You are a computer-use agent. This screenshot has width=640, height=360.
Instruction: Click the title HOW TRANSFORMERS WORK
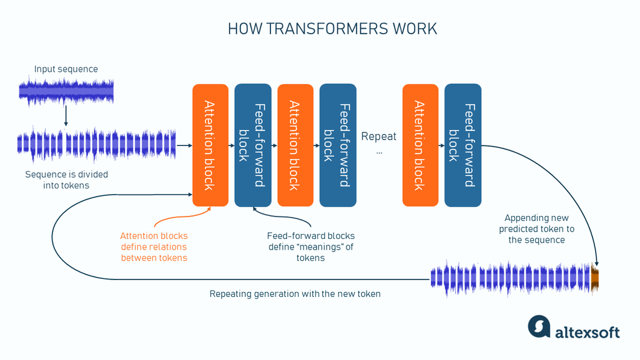click(332, 29)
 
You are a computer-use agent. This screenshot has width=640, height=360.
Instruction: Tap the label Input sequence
click(66, 69)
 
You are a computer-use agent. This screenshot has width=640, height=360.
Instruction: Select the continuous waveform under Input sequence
click(66, 91)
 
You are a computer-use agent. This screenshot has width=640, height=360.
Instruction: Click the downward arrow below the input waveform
click(66, 115)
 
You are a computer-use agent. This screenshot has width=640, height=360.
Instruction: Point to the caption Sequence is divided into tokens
click(66, 180)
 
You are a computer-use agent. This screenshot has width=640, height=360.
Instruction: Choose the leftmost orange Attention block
click(210, 145)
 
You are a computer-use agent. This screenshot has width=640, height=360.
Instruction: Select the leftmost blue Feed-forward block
click(253, 145)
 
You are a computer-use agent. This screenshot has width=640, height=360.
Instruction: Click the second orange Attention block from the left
click(295, 145)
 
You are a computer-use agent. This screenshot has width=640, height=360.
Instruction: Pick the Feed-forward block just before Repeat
click(338, 145)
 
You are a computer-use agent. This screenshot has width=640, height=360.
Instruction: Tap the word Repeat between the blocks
click(379, 137)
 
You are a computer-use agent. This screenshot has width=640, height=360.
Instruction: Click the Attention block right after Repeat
click(421, 145)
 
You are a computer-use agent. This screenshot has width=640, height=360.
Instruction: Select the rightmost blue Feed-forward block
click(463, 145)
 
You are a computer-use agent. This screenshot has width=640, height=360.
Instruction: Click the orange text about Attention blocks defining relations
click(154, 247)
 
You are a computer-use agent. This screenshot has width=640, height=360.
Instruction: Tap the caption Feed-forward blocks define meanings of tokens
click(310, 247)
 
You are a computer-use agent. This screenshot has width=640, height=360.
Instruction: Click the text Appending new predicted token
click(536, 229)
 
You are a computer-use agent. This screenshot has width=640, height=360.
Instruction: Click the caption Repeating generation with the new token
click(295, 294)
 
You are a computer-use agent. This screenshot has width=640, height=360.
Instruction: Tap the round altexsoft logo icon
click(539, 327)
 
